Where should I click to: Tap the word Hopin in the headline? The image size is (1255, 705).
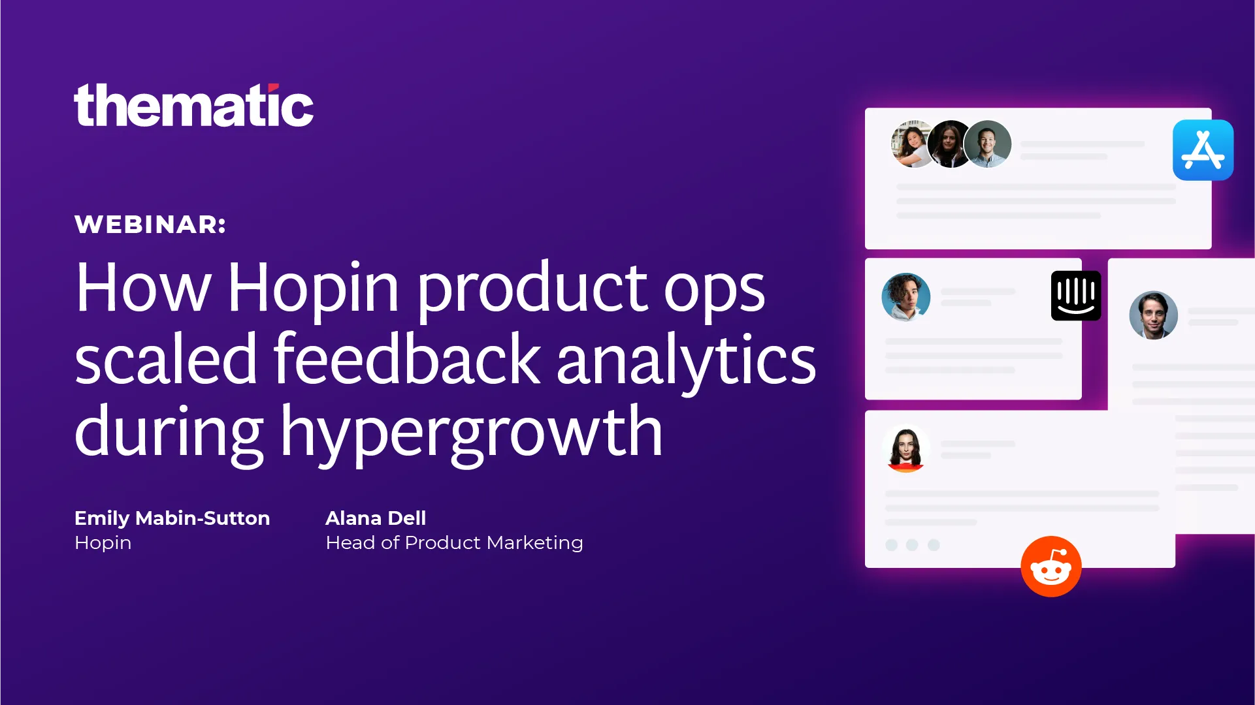tap(313, 288)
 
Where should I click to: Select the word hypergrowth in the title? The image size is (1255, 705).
tap(472, 432)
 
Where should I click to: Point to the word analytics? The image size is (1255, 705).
tap(686, 360)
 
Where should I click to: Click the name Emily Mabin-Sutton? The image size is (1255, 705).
tap(172, 518)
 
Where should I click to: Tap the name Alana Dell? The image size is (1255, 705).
tap(376, 518)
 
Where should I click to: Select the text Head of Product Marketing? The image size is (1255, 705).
tap(454, 543)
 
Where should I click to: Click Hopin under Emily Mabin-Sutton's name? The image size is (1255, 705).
tap(103, 543)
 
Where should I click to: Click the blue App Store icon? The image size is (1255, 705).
tap(1203, 150)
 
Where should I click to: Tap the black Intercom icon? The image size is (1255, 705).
tap(1076, 296)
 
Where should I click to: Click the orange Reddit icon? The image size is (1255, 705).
tap(1051, 567)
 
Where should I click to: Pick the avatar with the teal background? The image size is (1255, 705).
tap(906, 297)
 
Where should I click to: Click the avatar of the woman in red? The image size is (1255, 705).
tap(906, 449)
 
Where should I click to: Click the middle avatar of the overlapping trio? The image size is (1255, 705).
tap(950, 144)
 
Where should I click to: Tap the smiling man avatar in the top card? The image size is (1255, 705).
tap(987, 144)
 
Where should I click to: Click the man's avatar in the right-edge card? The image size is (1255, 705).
tap(1154, 315)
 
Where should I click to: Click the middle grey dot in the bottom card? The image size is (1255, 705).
tap(912, 545)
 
